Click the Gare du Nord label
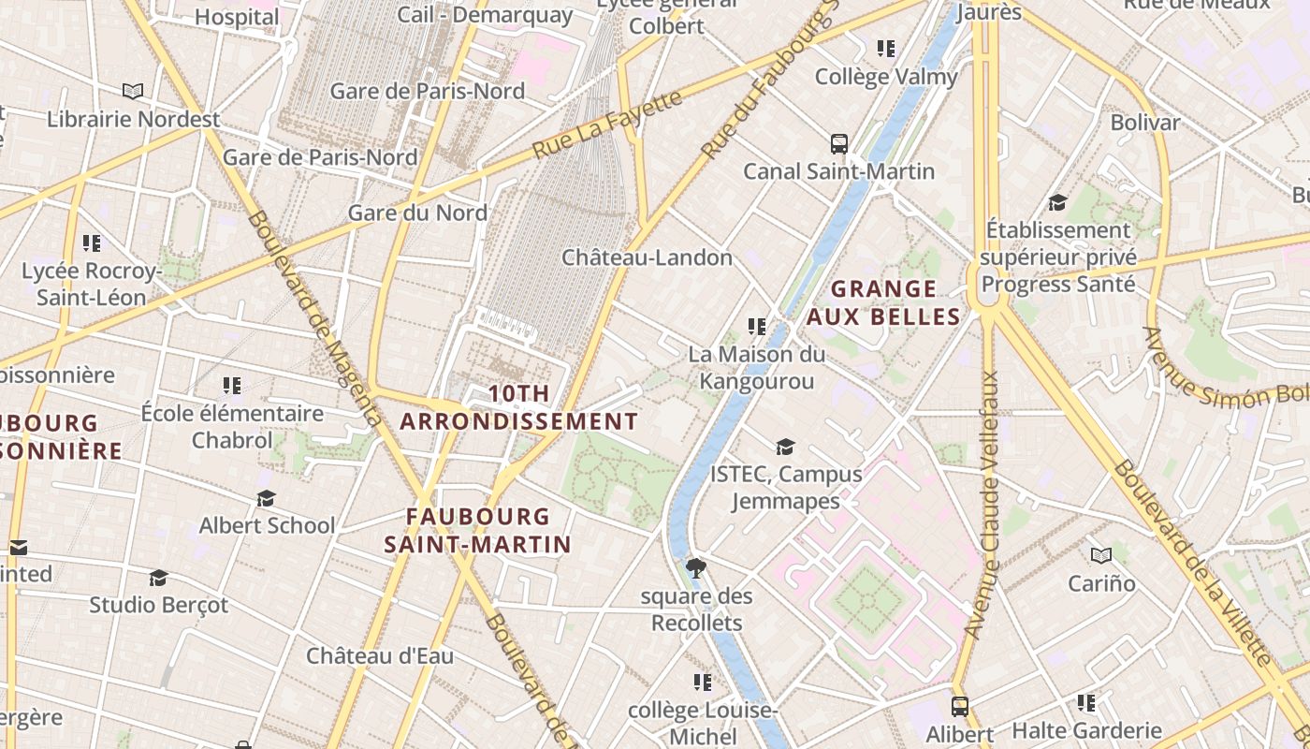pos(417,213)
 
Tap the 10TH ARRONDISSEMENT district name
pos(518,408)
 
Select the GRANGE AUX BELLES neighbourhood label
pos(883,302)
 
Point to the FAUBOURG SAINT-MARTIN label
pos(477,530)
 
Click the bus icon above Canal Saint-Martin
pos(839,144)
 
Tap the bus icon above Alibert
pos(959,707)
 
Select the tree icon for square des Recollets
pos(696,567)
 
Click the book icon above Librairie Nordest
pos(133,92)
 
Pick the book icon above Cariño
pos(1101,555)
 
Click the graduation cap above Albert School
pos(267,498)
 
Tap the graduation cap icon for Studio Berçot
pos(158,578)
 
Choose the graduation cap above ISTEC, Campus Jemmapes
pos(785,448)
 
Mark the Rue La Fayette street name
pos(607,124)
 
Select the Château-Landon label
pos(647,257)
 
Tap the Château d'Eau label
pos(380,655)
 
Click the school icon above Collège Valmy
pos(885,49)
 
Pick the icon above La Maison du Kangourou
pos(757,327)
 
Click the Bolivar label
pos(1144,123)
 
